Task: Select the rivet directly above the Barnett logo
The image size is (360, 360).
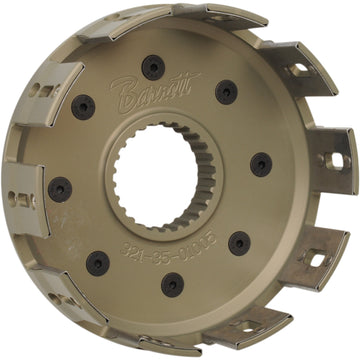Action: (153, 67)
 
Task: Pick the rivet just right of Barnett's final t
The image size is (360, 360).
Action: (226, 92)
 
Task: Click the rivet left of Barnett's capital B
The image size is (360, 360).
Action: (85, 105)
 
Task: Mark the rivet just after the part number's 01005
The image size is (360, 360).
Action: (240, 243)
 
